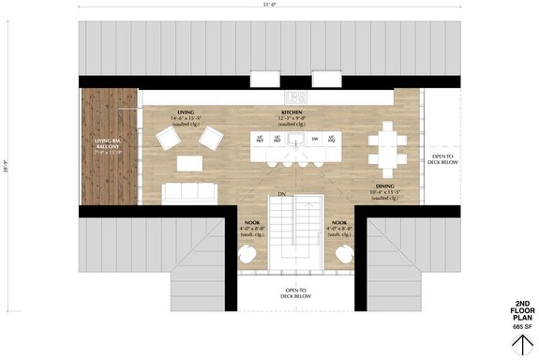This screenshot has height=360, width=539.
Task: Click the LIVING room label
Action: tap(187, 111)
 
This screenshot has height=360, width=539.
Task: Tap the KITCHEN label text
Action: tap(292, 111)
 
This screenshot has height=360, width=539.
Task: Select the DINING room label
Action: tap(385, 186)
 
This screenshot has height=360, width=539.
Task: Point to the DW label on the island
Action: tap(315, 139)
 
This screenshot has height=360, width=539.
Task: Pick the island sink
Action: tap(296, 140)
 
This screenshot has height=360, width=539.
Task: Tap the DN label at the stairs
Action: tap(281, 194)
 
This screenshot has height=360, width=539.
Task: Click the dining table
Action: tap(387, 146)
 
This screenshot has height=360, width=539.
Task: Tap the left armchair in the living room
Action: tap(169, 139)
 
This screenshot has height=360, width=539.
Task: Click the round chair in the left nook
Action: tap(249, 254)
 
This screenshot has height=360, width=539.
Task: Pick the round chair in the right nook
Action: tap(343, 254)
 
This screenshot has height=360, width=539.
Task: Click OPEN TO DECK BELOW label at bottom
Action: tap(296, 293)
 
